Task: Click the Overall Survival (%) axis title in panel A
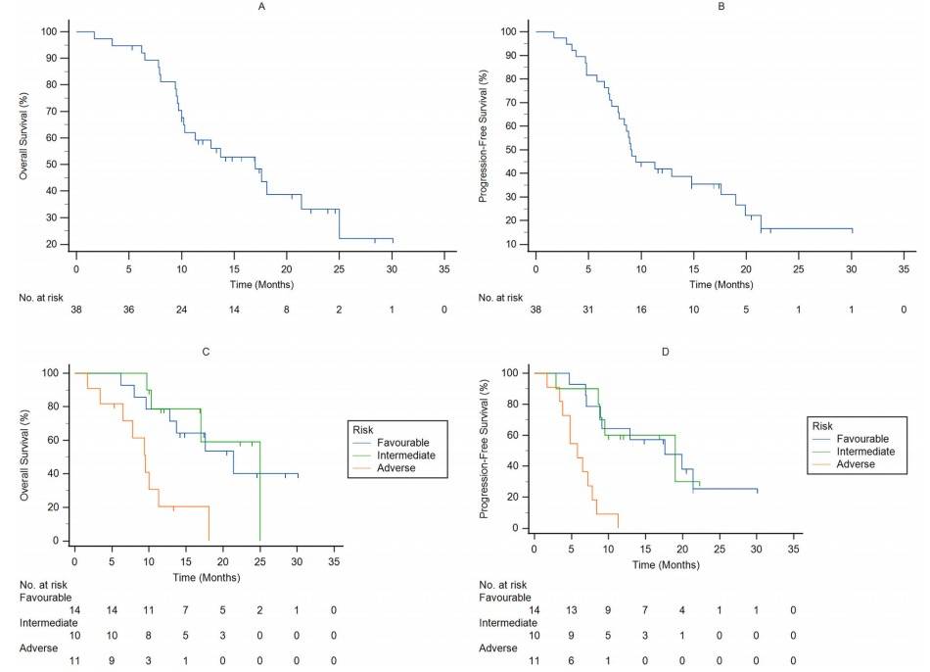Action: [23, 137]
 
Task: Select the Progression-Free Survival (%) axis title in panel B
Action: [483, 137]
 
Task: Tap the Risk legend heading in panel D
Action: [821, 425]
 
